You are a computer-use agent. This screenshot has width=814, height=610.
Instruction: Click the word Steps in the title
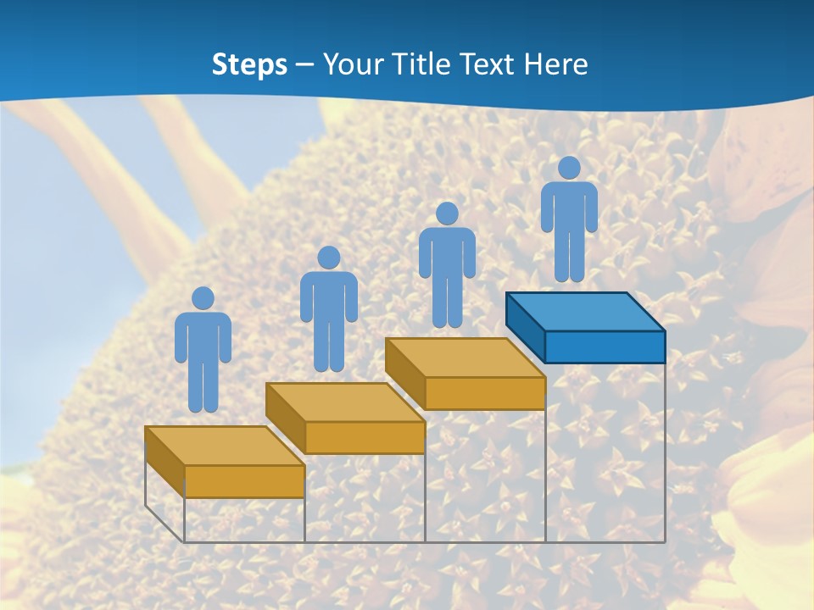point(249,64)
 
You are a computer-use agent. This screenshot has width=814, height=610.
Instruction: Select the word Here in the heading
point(556,64)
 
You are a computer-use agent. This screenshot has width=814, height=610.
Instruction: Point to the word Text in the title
point(489,64)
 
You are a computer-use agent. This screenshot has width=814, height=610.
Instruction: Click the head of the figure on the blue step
point(569,168)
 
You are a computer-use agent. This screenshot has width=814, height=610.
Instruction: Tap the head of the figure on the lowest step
point(203,298)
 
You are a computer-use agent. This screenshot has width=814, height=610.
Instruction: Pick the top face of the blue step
point(585,312)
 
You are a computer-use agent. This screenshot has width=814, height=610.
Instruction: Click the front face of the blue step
point(605,347)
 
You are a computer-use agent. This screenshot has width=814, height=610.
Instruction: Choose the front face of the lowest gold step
point(244,481)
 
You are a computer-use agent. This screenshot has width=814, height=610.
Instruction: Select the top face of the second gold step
point(345,402)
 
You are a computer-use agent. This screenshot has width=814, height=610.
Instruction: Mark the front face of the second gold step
point(365,437)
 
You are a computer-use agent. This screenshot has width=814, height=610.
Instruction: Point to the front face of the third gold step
point(485,393)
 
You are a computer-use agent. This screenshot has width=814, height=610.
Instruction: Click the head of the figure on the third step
point(447,213)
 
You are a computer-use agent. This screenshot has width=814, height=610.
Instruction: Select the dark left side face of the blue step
point(525,325)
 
